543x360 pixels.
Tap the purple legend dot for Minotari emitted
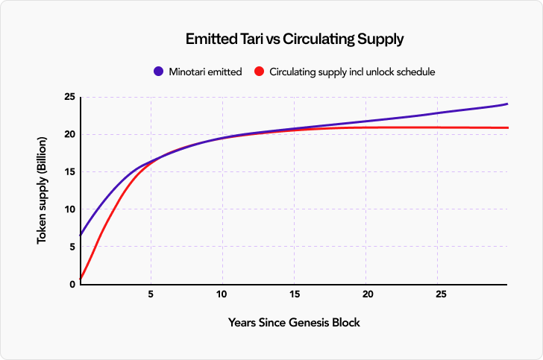158,72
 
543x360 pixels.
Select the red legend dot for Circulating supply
260,72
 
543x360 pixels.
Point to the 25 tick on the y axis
68,98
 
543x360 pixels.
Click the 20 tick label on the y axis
68,135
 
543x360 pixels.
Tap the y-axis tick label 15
68,172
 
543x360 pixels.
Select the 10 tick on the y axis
68,209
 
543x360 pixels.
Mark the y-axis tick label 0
71,284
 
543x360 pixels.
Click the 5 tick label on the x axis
151,295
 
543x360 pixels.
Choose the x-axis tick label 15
295,295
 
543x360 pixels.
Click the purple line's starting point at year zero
80,235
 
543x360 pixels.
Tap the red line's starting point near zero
80,279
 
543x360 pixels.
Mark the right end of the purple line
507,104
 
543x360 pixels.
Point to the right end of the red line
507,127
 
